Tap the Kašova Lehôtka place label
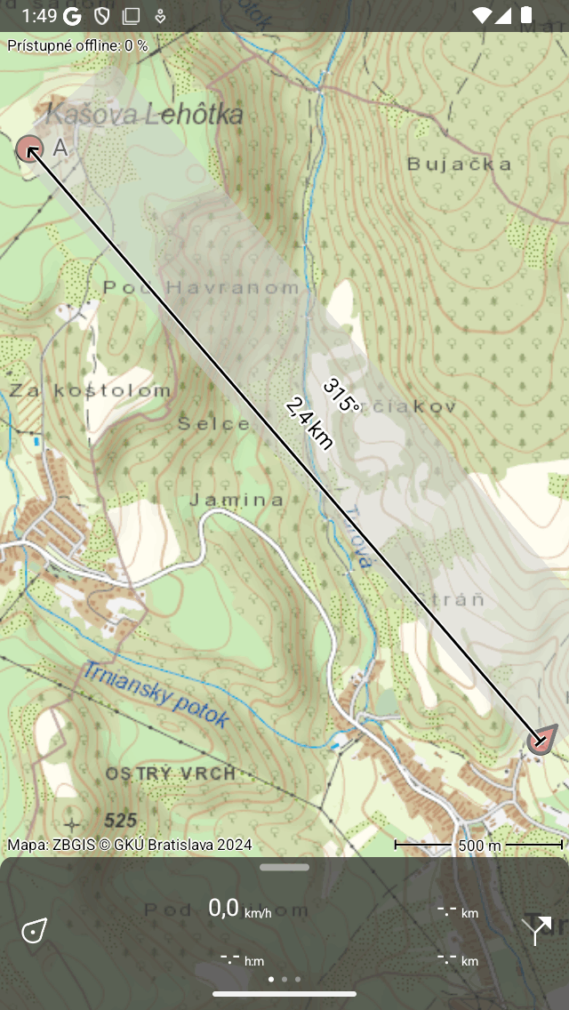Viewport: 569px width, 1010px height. [x=144, y=114]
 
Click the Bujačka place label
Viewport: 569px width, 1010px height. [x=459, y=164]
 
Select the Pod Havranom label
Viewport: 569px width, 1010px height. [x=201, y=287]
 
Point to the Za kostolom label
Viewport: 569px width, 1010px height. [x=90, y=390]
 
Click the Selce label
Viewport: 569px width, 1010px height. [x=213, y=423]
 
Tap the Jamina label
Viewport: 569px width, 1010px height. [x=236, y=500]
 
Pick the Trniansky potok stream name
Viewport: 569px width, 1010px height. [x=156, y=694]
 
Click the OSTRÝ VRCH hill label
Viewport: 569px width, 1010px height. [x=171, y=774]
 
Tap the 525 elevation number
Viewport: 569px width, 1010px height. [x=121, y=820]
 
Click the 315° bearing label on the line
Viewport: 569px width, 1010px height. [x=341, y=397]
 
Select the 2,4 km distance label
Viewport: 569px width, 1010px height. [x=309, y=423]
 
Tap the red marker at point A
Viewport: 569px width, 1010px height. [x=29, y=148]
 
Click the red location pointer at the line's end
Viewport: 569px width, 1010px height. [x=541, y=740]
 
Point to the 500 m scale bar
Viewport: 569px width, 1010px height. [x=479, y=845]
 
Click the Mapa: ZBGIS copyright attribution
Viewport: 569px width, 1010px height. [x=130, y=845]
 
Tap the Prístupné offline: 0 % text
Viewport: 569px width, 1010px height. [x=77, y=44]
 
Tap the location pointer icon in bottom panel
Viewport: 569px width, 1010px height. [x=34, y=931]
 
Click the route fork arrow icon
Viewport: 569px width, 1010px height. [x=536, y=929]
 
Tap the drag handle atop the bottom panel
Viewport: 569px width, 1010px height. [x=284, y=867]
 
